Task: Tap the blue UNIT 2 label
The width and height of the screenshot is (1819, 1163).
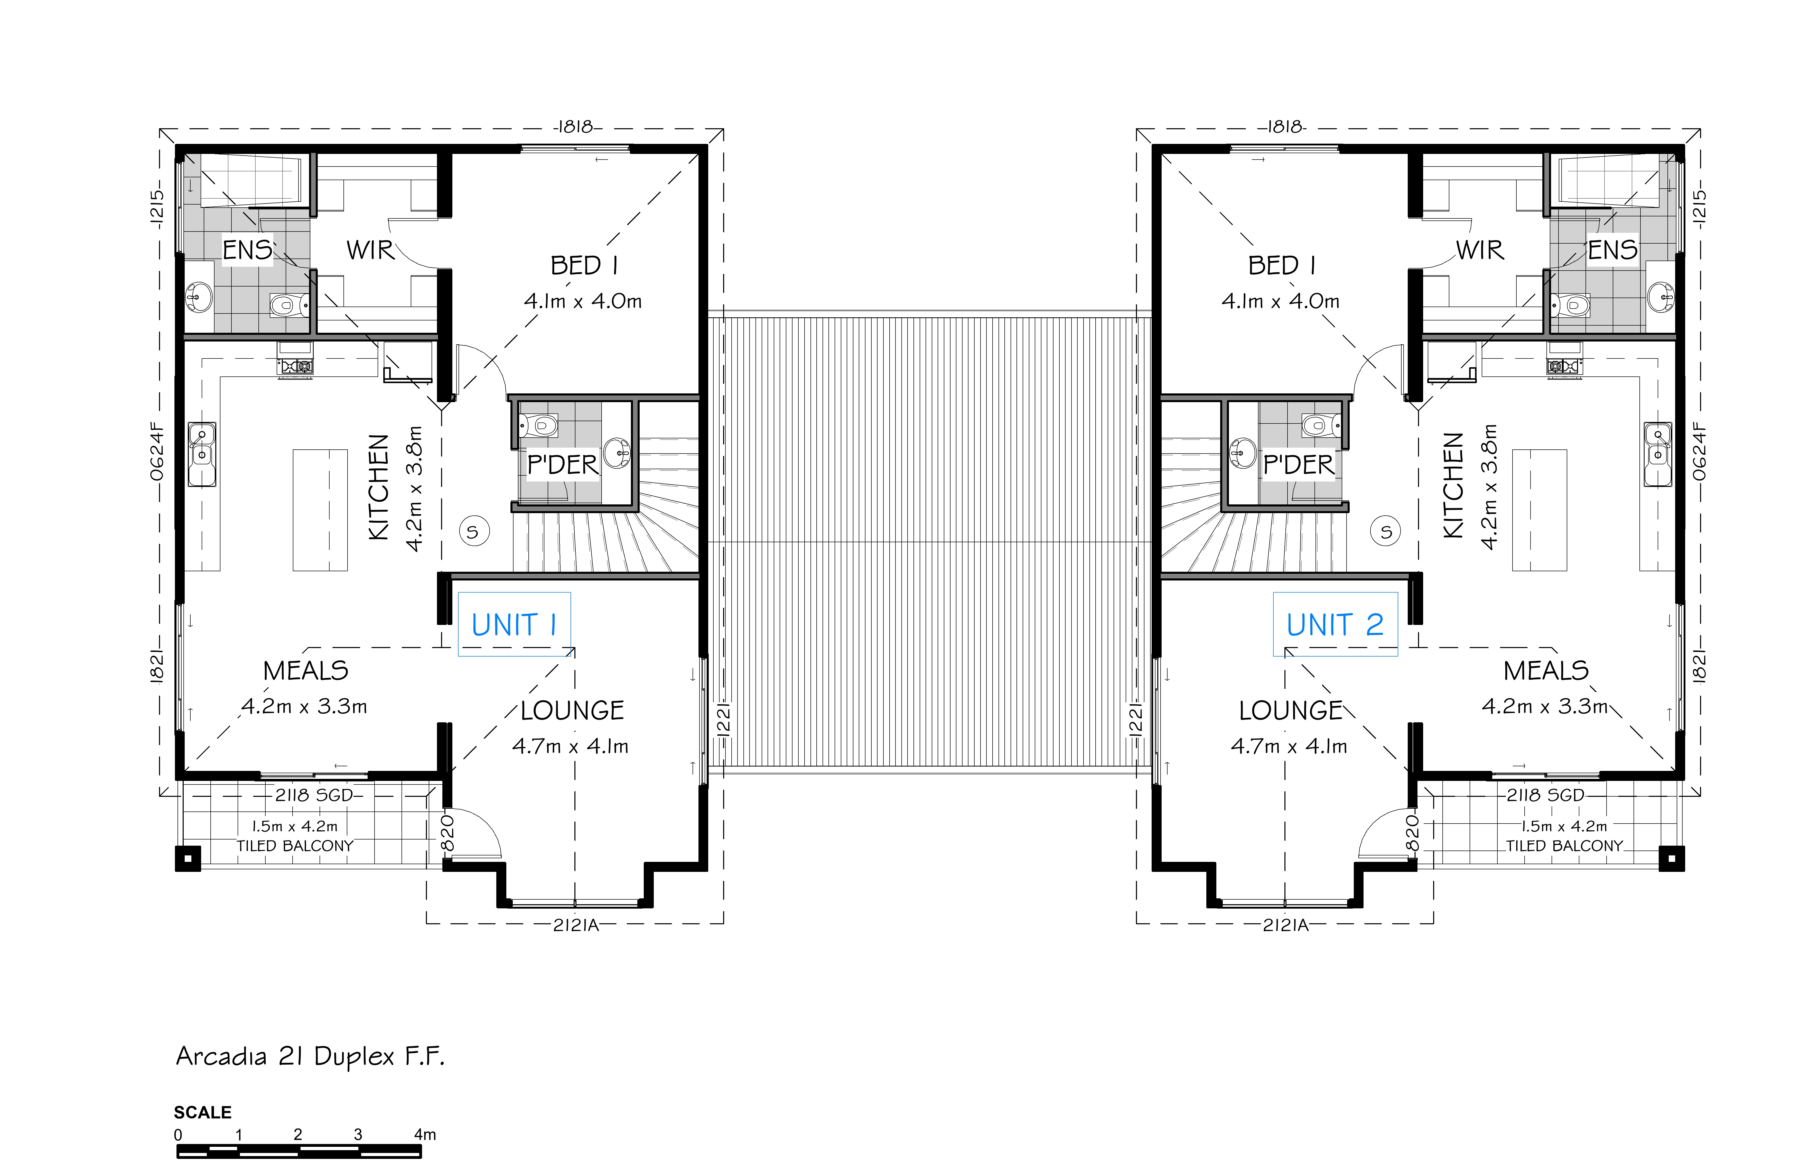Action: [x=1335, y=625]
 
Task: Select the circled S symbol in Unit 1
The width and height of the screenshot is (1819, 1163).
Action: [x=474, y=531]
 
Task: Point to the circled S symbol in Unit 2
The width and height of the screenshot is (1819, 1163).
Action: [x=1385, y=531]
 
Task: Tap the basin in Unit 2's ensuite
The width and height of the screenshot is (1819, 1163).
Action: [x=1661, y=297]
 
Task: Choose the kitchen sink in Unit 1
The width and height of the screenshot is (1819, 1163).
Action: [x=202, y=454]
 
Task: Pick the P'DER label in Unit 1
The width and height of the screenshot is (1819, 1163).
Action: [x=562, y=465]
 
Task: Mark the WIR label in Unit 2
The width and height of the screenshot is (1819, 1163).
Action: [x=1480, y=250]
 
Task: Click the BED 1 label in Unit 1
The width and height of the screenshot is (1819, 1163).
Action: [x=584, y=265]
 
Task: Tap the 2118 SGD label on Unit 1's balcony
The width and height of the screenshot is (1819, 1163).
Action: [x=314, y=795]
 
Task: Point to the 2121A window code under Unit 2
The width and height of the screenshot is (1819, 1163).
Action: [x=1286, y=925]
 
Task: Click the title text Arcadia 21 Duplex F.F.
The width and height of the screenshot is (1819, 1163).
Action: [x=311, y=1056]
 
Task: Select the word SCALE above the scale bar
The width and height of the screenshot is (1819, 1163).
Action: [x=202, y=1112]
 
